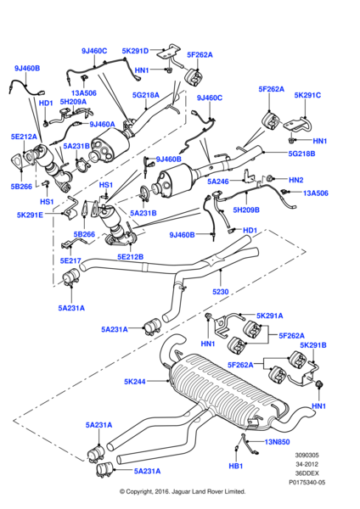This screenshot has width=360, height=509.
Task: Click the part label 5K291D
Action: click(x=134, y=50)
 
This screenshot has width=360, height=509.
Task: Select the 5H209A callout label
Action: click(x=74, y=103)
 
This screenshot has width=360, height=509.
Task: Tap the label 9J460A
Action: click(x=102, y=124)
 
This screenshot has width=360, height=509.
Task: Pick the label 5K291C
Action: click(x=307, y=95)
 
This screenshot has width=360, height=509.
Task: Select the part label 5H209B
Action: click(x=245, y=210)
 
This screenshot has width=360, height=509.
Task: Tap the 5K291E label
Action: click(x=31, y=215)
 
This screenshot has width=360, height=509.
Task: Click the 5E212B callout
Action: click(x=131, y=256)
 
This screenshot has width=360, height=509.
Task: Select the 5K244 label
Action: click(x=135, y=382)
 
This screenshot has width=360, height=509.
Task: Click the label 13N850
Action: click(x=277, y=442)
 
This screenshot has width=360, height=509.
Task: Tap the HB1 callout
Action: click(x=234, y=466)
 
